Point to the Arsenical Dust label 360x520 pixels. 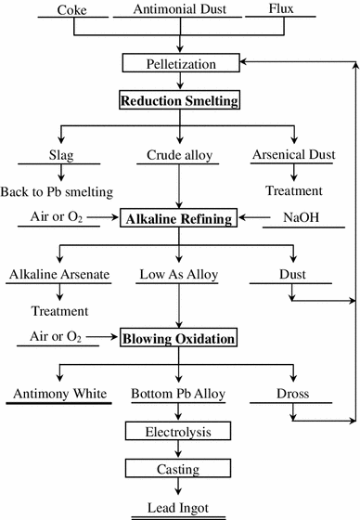coord(294,154)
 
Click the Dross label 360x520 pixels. coord(294,394)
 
